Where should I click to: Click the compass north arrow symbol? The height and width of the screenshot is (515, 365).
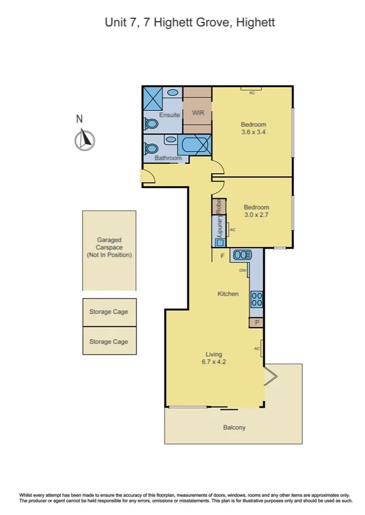coord(85,140)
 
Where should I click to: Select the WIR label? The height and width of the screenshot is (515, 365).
coord(197,113)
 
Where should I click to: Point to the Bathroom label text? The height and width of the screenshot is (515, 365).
coord(168,158)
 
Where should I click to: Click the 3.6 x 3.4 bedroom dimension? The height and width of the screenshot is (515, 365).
coord(253,132)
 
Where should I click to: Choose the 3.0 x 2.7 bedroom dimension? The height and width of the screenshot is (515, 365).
coord(256,215)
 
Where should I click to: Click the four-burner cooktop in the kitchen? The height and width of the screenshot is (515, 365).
coord(256,298)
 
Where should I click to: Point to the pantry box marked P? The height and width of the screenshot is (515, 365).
coord(257,323)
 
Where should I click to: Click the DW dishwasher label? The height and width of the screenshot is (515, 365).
coord(242,271)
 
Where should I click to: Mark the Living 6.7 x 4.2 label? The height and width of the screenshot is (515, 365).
coord(213,358)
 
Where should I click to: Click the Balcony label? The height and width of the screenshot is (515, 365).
coord(234,428)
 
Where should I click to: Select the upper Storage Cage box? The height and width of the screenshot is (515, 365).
coord(109,312)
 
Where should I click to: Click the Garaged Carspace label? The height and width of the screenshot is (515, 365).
coord(109,247)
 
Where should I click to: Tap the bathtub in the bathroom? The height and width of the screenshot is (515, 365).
coord(194,146)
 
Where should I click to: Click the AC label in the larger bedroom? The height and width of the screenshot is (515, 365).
coord(251,93)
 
